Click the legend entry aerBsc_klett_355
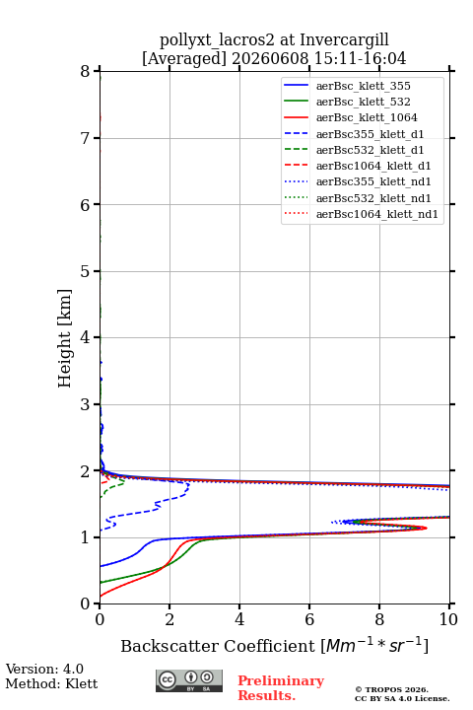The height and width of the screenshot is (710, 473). (x=347, y=86)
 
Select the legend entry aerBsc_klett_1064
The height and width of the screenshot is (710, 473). (x=351, y=117)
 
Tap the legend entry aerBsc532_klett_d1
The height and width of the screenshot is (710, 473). (x=354, y=150)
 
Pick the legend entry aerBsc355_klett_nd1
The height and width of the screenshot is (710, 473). (x=358, y=181)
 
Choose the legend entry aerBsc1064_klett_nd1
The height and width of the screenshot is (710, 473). (x=362, y=214)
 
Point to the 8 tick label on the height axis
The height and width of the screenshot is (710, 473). (x=85, y=72)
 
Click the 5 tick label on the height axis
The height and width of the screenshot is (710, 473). (x=85, y=271)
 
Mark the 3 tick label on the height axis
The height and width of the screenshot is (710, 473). (x=85, y=404)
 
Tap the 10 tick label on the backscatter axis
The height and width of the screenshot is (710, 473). (x=448, y=619)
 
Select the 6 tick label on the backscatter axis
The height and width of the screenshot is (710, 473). (x=309, y=619)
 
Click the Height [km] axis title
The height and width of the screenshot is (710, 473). (x=64, y=338)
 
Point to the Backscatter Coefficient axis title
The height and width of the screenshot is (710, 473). (x=274, y=645)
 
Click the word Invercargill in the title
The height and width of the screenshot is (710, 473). (x=344, y=40)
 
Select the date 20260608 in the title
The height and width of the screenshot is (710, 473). (x=270, y=58)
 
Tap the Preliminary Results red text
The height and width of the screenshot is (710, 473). (x=281, y=688)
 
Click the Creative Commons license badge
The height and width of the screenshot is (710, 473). (x=189, y=680)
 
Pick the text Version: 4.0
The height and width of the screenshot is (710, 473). (x=44, y=669)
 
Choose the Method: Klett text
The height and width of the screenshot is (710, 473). (x=51, y=683)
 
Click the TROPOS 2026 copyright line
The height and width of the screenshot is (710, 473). (x=392, y=689)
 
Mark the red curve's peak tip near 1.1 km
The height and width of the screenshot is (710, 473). (x=427, y=528)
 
